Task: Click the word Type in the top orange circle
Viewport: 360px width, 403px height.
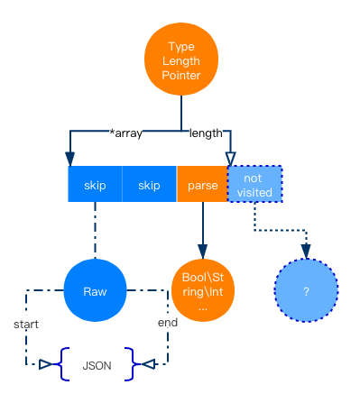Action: (182, 46)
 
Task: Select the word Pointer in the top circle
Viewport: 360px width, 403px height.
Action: (182, 77)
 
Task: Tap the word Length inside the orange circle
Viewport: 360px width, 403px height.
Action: (182, 61)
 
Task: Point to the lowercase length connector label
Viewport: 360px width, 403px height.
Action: (205, 133)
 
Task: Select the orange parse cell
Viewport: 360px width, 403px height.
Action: (202, 185)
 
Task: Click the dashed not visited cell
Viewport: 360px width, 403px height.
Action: (254, 185)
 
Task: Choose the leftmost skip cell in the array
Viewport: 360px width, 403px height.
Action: (95, 185)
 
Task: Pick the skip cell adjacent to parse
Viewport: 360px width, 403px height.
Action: (149, 185)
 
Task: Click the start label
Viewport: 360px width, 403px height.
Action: (26, 322)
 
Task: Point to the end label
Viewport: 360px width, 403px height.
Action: (168, 322)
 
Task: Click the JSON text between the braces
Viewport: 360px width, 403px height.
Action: (97, 366)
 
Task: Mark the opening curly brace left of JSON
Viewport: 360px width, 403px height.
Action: (62, 365)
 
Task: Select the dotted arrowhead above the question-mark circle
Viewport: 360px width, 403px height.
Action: (306, 253)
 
